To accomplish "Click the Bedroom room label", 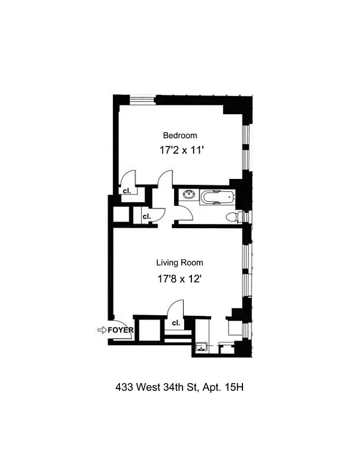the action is coord(180,136).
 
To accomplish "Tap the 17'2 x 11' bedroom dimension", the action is coord(181,150).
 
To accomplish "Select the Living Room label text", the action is coord(180,262).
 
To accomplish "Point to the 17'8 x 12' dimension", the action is coord(180,279).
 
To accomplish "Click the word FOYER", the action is coord(121,330).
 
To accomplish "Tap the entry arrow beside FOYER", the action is coord(102,330).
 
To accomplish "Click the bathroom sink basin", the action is coord(189,195).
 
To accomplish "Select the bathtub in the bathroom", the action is coord(217,197).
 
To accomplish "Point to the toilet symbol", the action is coord(234,217).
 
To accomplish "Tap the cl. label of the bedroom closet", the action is coord(127,191).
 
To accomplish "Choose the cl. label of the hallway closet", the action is coord(147,217).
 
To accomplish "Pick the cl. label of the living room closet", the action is coord(176,322).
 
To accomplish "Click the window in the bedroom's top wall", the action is coord(143,100).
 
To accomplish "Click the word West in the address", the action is coord(148,387).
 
